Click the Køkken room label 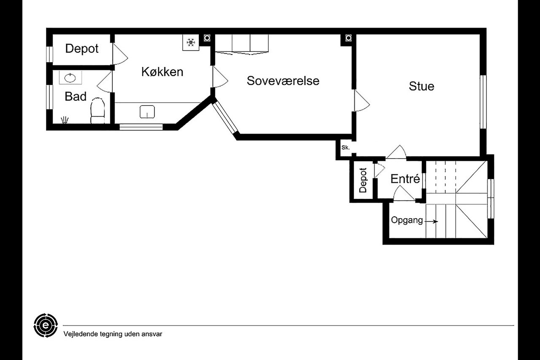pos(162,72)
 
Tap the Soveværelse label pos(283,81)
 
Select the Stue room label pos(421,86)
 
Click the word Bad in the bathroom pos(76,97)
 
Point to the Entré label pos(405,179)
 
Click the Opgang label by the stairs pos(407,220)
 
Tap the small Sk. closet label pos(346,148)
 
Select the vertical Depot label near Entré pos(363,181)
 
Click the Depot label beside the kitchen pos(81,49)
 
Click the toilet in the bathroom pos(97,111)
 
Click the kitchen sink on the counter pos(147,112)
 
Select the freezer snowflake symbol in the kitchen pos(191,43)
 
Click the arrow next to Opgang pos(432,221)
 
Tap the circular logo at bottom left pos(45,325)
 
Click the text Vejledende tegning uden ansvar pos(113,334)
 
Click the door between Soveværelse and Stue pos(361,101)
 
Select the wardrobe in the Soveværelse pos(241,43)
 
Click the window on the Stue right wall pos(483,101)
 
